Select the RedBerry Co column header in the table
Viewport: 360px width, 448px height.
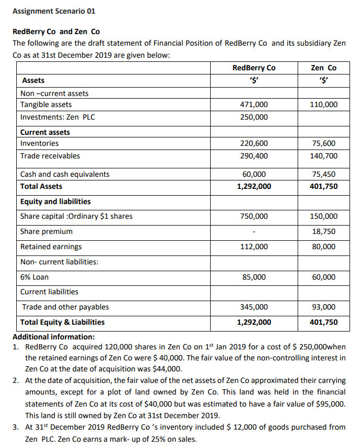tap(254, 68)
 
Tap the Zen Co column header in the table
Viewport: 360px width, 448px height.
tap(323, 68)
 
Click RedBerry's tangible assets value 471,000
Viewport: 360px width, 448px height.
tap(254, 105)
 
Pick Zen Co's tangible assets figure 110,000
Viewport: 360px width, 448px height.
tap(323, 105)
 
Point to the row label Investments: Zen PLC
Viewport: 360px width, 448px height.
tap(58, 117)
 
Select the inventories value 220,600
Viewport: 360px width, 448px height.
tap(254, 143)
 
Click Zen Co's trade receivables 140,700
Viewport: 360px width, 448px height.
tap(323, 156)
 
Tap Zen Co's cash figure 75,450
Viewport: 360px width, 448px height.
tap(323, 174)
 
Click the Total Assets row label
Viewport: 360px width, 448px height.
tap(41, 186)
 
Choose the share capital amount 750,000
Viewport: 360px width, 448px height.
tap(254, 216)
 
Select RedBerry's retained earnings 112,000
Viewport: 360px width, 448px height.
tap(254, 247)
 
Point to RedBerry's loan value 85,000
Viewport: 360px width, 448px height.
tap(254, 277)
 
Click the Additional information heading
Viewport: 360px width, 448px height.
tap(53, 337)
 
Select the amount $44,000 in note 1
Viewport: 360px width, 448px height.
tap(167, 368)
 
